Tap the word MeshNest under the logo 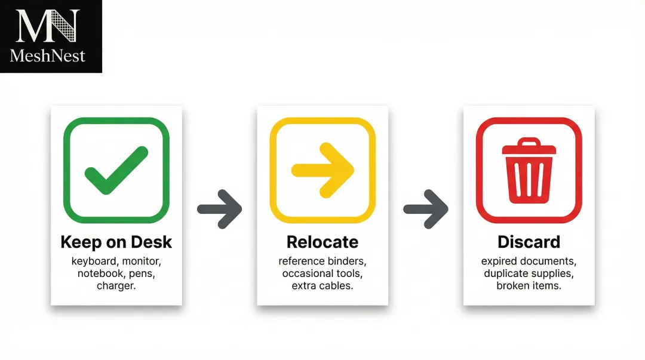48,56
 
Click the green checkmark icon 116,170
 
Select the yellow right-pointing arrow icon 322,170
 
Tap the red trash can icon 529,170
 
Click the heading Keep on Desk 116,242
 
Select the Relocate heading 322,242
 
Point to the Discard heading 529,242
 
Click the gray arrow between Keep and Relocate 219,209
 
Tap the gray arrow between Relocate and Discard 426,209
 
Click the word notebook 99,274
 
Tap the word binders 347,261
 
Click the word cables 337,286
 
